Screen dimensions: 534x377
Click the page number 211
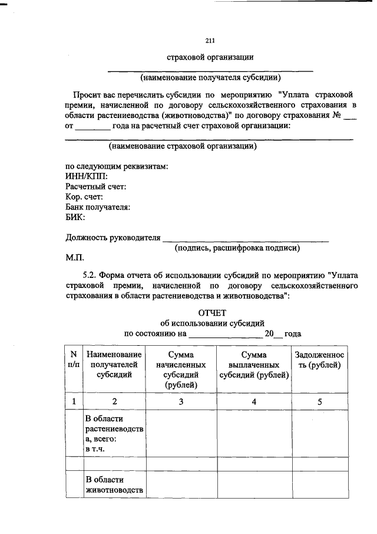coord(210,41)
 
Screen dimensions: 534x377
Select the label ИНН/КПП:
coord(86,176)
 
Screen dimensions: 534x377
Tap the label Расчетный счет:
coord(95,186)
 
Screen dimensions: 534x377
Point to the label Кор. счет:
coord(84,196)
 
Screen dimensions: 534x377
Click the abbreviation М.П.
coord(75,258)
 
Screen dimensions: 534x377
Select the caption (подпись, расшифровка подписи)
coord(237,248)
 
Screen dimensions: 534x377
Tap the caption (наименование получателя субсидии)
coord(210,77)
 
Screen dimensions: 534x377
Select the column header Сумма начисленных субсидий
coord(181,369)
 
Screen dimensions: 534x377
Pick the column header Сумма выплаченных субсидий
coord(254,365)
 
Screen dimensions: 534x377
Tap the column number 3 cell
coord(181,401)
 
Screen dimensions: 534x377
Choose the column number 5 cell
coord(319,401)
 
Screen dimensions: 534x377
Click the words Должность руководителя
coord(112,238)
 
